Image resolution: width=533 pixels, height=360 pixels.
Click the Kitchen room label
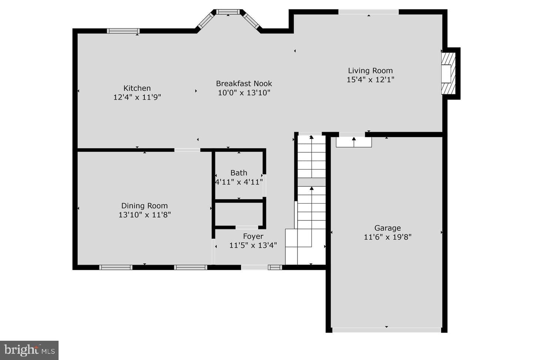click(x=137, y=88)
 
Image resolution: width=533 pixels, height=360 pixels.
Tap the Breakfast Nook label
click(x=244, y=84)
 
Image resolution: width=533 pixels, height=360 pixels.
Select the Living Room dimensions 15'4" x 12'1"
click(x=370, y=80)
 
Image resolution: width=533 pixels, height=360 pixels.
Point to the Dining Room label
click(x=144, y=206)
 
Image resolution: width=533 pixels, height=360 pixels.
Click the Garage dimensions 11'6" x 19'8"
click(x=388, y=237)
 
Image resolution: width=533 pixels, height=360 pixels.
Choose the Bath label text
click(x=239, y=173)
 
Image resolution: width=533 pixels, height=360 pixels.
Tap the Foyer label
click(x=253, y=236)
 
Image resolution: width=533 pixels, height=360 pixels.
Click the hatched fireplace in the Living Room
click(x=448, y=73)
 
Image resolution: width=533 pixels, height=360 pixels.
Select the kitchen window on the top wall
click(x=123, y=31)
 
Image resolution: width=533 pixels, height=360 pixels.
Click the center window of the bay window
click(x=228, y=12)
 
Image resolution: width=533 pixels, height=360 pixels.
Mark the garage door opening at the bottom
click(x=387, y=330)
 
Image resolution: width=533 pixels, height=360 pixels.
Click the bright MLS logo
click(x=29, y=350)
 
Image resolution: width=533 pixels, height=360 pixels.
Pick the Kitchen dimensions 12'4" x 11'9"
click(x=137, y=97)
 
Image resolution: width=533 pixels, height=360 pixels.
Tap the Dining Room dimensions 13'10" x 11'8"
click(x=145, y=215)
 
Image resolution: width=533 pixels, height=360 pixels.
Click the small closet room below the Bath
click(x=239, y=214)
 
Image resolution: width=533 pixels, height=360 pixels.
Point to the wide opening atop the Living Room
click(x=368, y=12)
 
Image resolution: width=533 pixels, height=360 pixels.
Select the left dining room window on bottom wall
click(x=115, y=267)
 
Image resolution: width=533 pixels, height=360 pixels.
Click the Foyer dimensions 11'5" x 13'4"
click(x=253, y=245)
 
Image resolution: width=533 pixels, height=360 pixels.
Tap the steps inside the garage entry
click(x=354, y=142)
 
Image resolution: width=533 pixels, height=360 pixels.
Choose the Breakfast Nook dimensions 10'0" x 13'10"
click(x=244, y=93)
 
